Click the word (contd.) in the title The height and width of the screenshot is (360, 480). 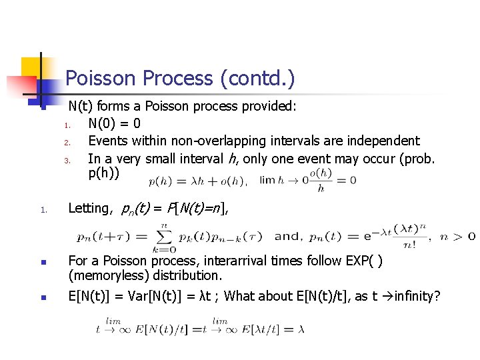pos(256,79)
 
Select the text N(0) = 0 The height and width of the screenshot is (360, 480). pos(114,123)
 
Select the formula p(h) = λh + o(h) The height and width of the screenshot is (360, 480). pos(197,180)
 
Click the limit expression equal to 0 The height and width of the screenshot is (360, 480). pos(307,180)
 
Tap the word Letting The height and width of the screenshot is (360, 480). pos(89,208)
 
